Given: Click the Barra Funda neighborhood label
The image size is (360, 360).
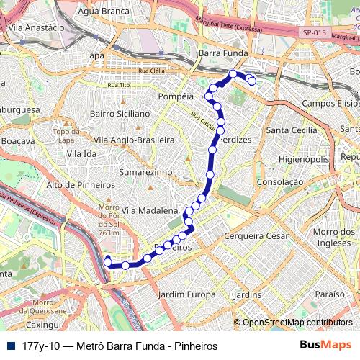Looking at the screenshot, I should [223, 53].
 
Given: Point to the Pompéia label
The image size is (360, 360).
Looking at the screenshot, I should [176, 95].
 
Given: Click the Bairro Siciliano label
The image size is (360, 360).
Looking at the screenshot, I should [119, 114].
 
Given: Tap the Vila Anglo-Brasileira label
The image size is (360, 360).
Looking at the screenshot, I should [135, 139].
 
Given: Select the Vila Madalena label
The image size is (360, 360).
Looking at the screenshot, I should [149, 210].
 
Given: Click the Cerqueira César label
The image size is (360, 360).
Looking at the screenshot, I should [256, 236].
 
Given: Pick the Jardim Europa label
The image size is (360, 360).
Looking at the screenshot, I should [186, 294].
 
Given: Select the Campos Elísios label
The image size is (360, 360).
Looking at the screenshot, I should [330, 104].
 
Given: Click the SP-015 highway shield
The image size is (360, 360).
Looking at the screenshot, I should [313, 32].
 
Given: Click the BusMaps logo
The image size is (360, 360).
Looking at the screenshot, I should [326, 346].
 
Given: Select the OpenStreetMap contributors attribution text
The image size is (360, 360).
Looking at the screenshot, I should [297, 323].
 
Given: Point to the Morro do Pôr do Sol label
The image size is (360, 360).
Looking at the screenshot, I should [108, 220].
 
